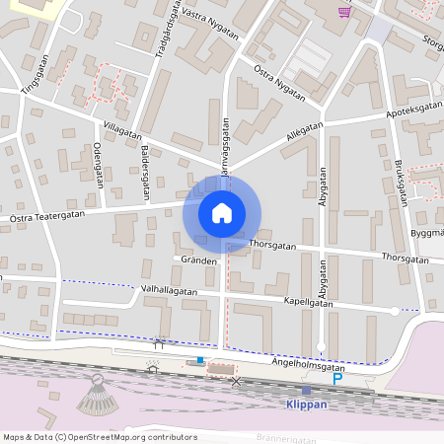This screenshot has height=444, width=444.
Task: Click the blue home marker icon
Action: [222, 212]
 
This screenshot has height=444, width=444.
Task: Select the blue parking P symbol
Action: [337, 378]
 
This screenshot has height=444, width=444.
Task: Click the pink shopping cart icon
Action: [344, 12]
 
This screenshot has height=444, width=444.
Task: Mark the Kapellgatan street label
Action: [307, 303]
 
